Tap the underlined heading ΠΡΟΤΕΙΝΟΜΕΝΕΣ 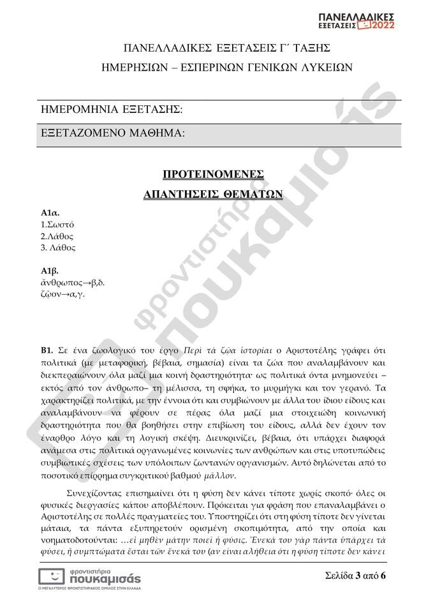(213, 174)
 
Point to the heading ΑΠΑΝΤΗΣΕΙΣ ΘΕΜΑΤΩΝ (213, 194)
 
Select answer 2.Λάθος (57, 235)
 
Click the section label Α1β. (50, 271)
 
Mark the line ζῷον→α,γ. (62, 294)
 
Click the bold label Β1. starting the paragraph (47, 350)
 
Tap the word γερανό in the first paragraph (365, 387)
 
